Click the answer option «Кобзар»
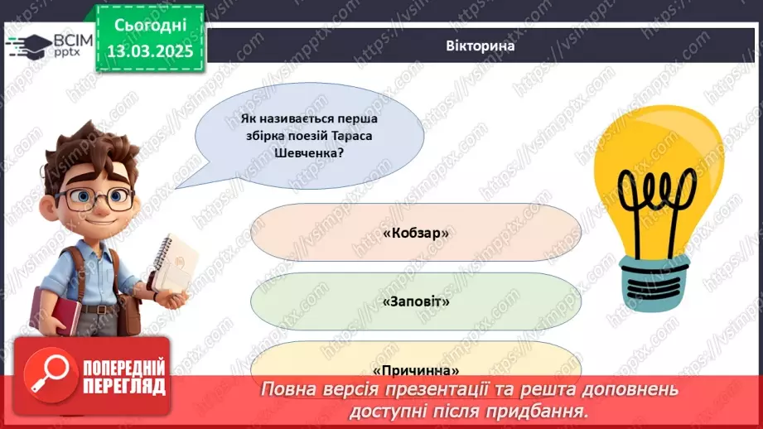(x=416, y=234)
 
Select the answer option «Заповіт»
(x=416, y=301)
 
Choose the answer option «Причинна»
(x=416, y=370)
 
